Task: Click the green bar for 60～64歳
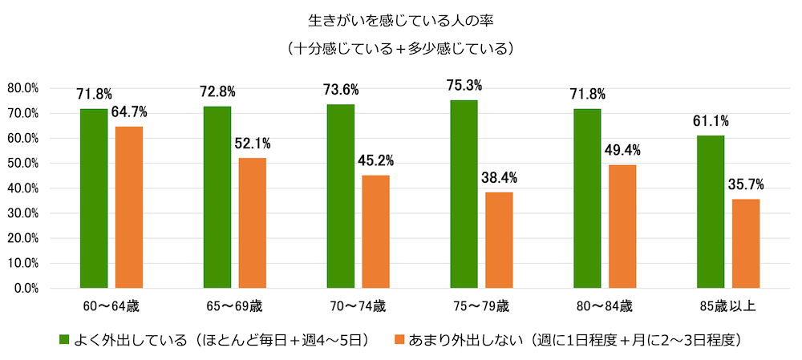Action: click(94, 198)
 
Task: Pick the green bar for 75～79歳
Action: click(464, 194)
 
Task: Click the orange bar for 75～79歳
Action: click(499, 240)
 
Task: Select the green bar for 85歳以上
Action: click(711, 212)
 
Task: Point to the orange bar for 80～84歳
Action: click(622, 226)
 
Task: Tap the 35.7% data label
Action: click(747, 184)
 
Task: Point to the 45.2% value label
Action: click(376, 160)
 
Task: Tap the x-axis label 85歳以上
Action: click(727, 307)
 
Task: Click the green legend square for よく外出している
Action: click(64, 340)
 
